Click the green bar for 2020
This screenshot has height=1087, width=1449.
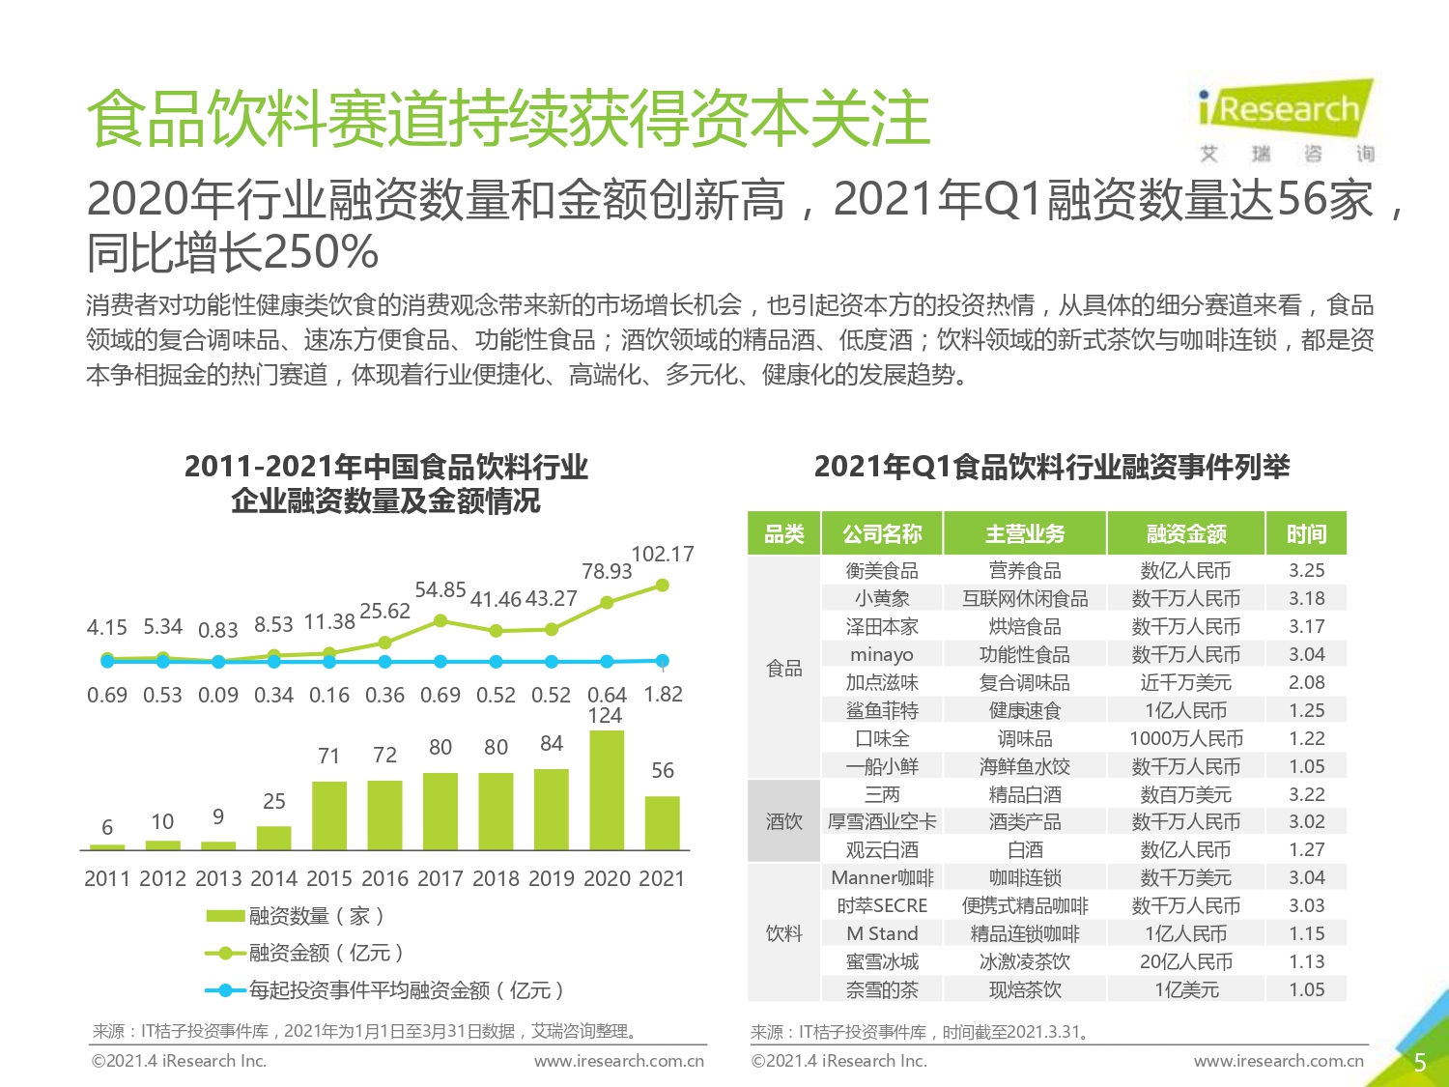(x=606, y=789)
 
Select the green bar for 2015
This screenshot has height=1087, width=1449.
(x=329, y=815)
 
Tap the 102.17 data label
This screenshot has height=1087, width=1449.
(x=663, y=555)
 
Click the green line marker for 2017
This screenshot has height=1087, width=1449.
(x=440, y=620)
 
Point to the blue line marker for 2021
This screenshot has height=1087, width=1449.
(x=663, y=661)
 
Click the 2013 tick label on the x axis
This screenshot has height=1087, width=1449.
(x=218, y=878)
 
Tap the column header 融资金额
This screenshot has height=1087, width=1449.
(x=1186, y=533)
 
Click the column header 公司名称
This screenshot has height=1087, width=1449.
(x=882, y=533)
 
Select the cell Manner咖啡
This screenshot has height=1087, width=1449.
(x=882, y=877)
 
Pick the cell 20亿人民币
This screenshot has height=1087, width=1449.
(x=1186, y=961)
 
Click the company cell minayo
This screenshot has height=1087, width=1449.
(x=882, y=654)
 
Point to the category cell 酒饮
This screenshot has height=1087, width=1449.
(x=784, y=821)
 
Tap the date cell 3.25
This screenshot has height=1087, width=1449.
(x=1307, y=570)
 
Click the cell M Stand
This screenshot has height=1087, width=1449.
(x=882, y=933)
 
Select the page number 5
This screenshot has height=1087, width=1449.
(x=1420, y=1063)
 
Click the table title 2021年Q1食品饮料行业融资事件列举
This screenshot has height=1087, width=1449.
(x=1052, y=468)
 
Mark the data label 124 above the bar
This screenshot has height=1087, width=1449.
(x=605, y=716)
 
